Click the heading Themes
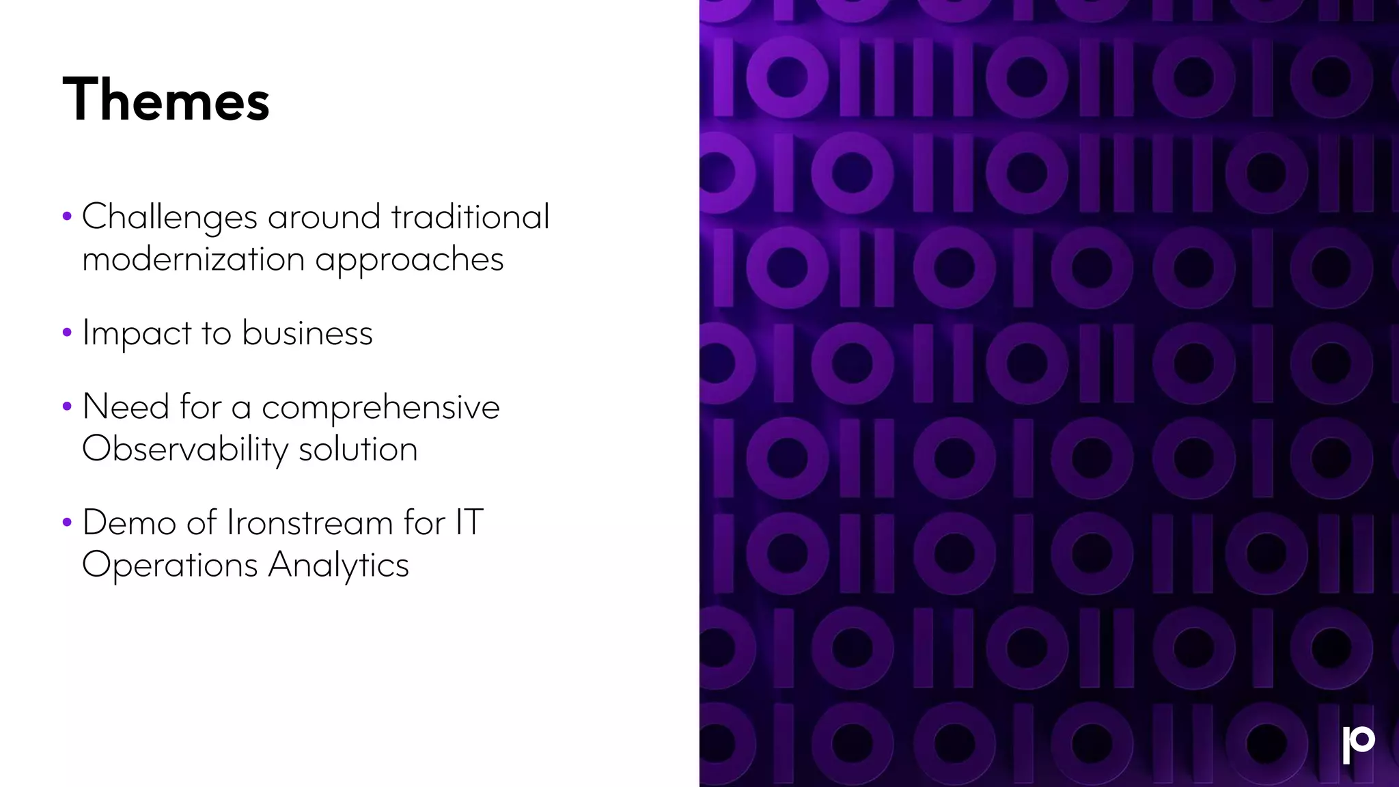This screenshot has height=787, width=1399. [166, 100]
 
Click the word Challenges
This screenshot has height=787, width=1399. [169, 217]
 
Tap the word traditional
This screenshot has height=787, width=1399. [470, 217]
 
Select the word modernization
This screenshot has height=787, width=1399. [193, 259]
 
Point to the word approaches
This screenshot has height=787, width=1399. [409, 260]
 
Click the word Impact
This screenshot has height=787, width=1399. [137, 333]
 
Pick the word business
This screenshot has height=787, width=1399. [307, 333]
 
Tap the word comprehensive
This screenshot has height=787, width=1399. [380, 407]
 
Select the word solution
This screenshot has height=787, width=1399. [358, 449]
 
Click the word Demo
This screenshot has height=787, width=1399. [129, 523]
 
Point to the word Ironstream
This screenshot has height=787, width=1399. [309, 523]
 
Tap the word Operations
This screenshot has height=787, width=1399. [169, 566]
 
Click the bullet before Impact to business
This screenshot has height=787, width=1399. [67, 333]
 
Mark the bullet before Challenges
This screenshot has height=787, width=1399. [67, 217]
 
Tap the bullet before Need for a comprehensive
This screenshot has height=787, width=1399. [67, 407]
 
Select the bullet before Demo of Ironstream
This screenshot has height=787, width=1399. [67, 523]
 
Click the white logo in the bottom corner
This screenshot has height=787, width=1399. [1358, 744]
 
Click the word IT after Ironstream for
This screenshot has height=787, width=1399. [469, 523]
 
